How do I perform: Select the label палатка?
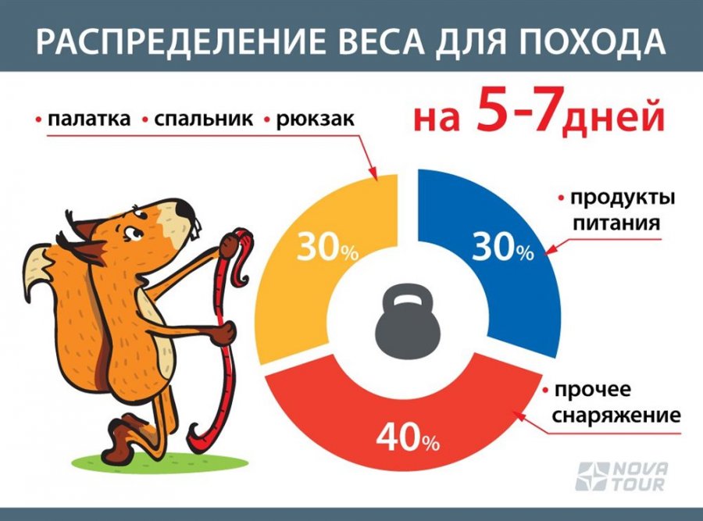coord(89,120)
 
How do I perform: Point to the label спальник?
coord(204,120)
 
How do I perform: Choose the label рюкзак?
coord(316,120)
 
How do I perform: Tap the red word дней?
coord(613,118)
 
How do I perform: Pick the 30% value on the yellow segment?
coord(327,247)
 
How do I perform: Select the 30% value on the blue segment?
coord(502,247)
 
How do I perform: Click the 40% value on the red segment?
coord(408,437)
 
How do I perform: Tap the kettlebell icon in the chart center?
coord(407,319)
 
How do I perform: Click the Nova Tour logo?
coord(622,476)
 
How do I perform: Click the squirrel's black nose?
coord(184,209)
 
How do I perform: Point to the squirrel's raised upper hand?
coord(229,244)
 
